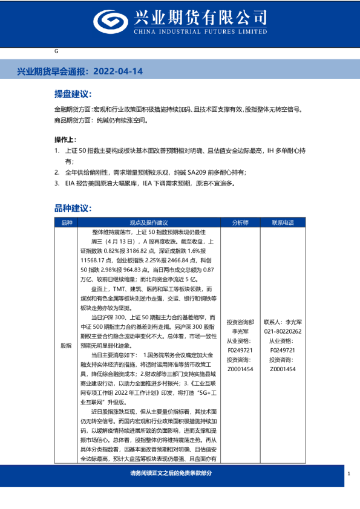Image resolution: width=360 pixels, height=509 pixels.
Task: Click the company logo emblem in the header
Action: click(x=109, y=22)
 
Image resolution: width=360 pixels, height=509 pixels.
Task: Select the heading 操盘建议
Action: click(x=73, y=94)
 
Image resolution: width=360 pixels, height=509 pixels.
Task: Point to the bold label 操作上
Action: click(x=66, y=138)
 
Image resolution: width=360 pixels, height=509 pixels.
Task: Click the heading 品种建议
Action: click(x=73, y=208)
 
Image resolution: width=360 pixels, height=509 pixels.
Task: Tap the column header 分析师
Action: click(x=240, y=222)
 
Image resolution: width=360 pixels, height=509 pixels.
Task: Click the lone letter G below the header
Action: click(x=56, y=52)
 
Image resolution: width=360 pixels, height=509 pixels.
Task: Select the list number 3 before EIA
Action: click(x=56, y=182)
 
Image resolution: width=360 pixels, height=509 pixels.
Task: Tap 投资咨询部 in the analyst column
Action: click(x=240, y=323)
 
